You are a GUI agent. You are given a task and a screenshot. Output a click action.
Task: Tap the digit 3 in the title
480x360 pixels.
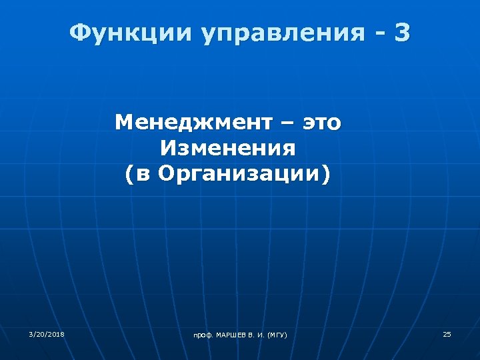(402, 32)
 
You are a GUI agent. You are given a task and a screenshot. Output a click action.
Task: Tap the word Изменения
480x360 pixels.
(227, 148)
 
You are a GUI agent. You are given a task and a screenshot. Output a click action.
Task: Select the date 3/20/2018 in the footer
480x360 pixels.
(47, 333)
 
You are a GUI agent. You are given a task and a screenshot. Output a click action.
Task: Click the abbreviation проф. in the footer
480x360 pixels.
(201, 335)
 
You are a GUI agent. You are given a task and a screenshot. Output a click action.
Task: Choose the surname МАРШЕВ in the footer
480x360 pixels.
(231, 334)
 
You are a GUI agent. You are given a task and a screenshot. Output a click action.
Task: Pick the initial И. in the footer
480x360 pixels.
(261, 334)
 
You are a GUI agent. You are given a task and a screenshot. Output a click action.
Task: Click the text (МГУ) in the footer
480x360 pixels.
(277, 334)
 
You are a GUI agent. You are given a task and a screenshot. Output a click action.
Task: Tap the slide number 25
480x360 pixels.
(447, 333)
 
